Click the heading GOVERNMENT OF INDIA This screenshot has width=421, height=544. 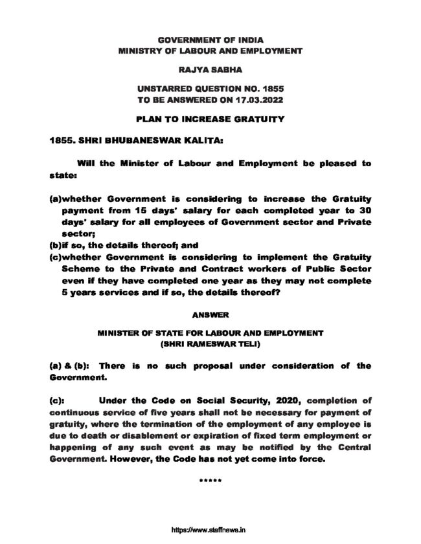(x=210, y=39)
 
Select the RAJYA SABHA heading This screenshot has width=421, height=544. (x=210, y=67)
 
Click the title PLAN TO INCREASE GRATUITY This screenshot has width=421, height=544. (x=210, y=119)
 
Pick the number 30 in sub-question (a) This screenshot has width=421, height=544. (x=365, y=210)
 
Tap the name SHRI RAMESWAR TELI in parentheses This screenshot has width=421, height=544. (x=210, y=344)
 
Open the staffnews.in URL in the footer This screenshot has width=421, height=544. (x=210, y=528)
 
